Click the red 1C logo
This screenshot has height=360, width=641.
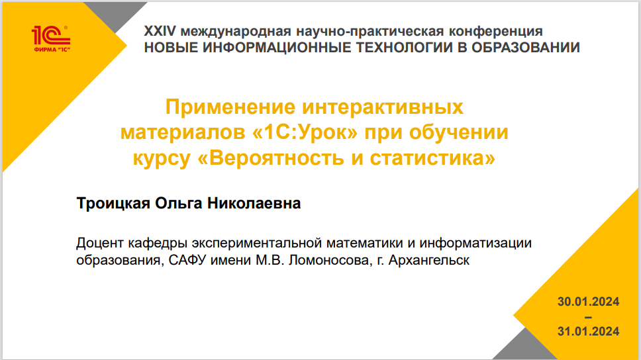(x=51, y=39)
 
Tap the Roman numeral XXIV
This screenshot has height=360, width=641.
(x=160, y=31)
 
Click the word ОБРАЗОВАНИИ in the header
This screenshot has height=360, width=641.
(x=526, y=48)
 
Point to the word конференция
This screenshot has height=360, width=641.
(x=496, y=32)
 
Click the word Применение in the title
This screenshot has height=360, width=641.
(x=230, y=107)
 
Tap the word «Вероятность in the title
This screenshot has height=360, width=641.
(x=271, y=157)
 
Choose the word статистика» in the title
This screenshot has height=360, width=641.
(x=432, y=157)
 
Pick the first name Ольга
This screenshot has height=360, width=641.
(x=178, y=204)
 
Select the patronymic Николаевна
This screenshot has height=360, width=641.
(x=254, y=203)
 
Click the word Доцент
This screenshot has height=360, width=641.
(x=100, y=243)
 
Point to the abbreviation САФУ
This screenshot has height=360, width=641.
(x=187, y=260)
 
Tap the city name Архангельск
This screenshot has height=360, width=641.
(x=429, y=260)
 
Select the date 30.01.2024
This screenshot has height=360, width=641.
(x=588, y=302)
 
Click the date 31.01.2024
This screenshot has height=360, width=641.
(x=588, y=331)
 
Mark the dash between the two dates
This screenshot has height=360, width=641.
(x=588, y=317)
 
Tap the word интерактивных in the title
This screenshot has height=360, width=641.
(x=383, y=107)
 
